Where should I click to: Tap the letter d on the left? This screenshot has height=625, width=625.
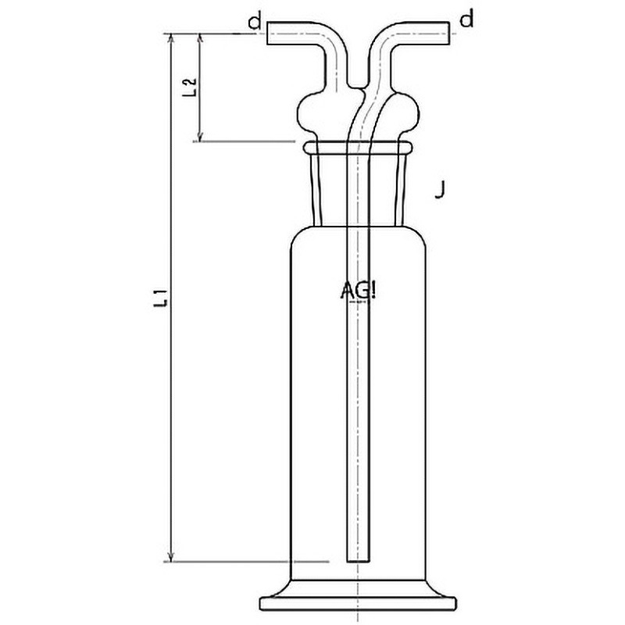(254, 21)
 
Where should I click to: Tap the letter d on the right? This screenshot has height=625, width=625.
(466, 20)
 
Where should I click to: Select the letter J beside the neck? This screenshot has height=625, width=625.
(441, 189)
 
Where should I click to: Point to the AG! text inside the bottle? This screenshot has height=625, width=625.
(359, 291)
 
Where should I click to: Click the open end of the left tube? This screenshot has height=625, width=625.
(269, 32)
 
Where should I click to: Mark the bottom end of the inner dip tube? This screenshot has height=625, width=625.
(357, 560)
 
